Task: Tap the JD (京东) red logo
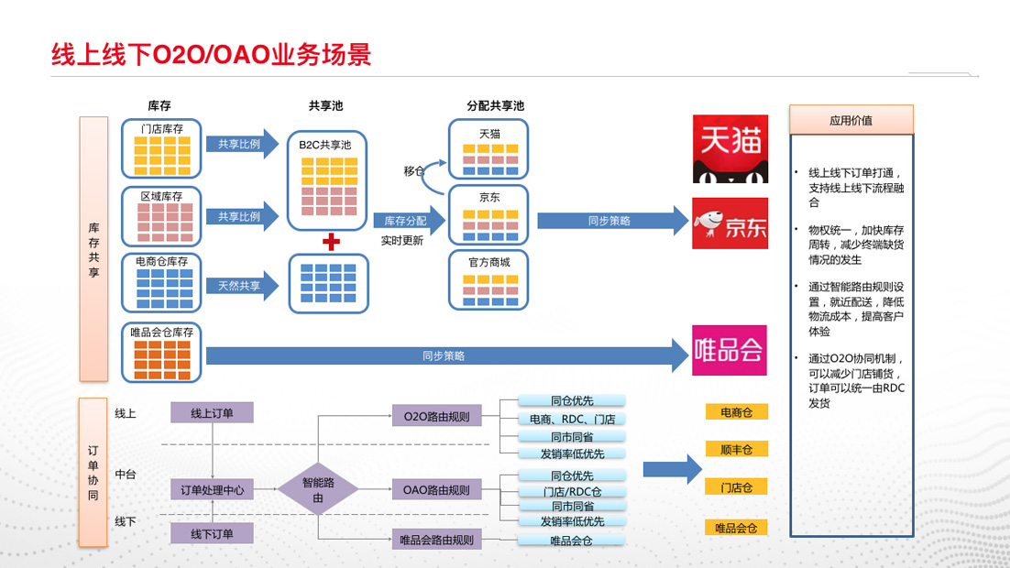tap(730, 223)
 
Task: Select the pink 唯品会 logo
tap(729, 350)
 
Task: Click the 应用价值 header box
tap(851, 120)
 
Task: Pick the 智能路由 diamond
tap(318, 490)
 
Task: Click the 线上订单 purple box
tap(212, 413)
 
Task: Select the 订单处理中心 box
tap(212, 490)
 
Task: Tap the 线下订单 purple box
tap(212, 533)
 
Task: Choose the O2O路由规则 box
tap(436, 416)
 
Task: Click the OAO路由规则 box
tap(436, 490)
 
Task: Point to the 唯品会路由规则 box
tap(436, 540)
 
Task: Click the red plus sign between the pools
tap(331, 242)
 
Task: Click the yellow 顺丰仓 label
tap(736, 449)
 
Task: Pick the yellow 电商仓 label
tap(736, 412)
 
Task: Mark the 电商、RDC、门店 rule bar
tap(572, 419)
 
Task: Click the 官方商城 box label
tap(489, 262)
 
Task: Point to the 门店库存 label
tap(162, 129)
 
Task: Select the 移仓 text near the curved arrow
tap(414, 170)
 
